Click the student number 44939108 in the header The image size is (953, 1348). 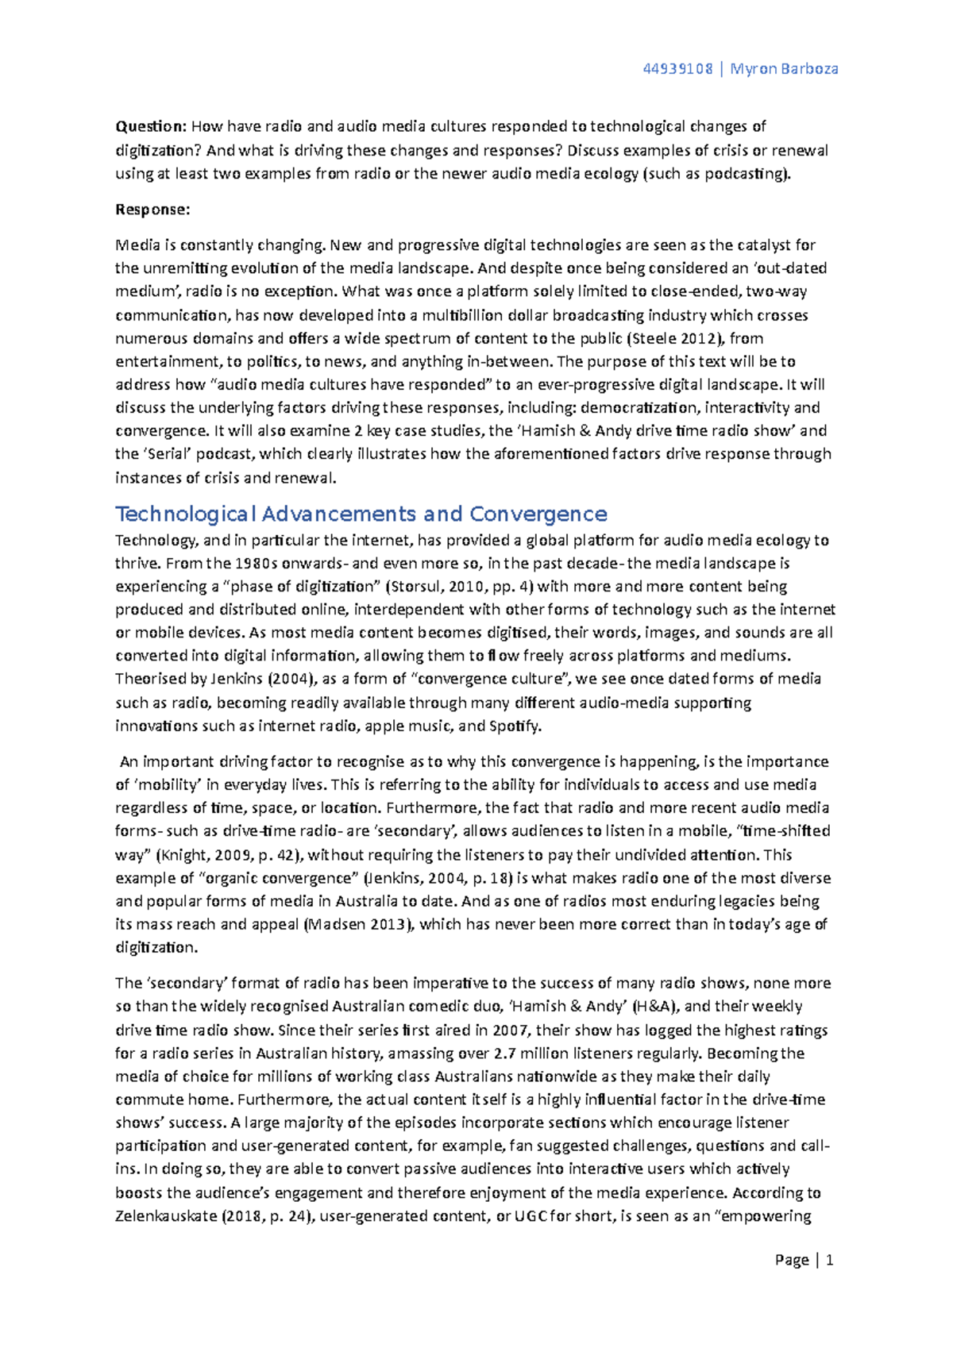click(x=677, y=68)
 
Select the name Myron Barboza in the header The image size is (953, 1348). click(x=784, y=68)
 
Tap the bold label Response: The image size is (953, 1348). click(x=152, y=210)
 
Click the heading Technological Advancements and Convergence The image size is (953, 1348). click(x=361, y=514)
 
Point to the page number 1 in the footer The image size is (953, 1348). click(x=829, y=1260)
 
